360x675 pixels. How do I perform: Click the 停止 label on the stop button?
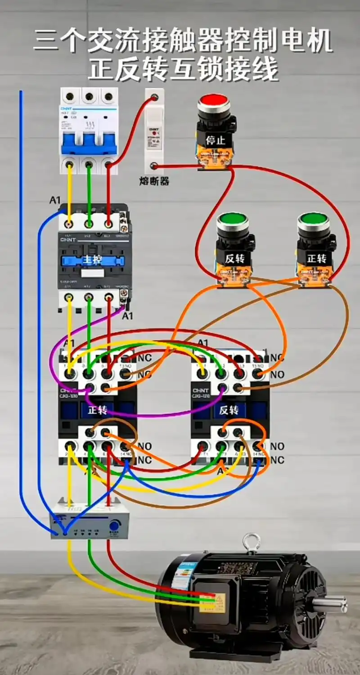point(215,140)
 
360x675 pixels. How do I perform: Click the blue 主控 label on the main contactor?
point(91,260)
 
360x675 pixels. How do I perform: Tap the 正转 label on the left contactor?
point(97,410)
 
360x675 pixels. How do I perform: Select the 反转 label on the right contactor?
point(229,410)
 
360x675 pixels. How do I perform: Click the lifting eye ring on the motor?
point(251,542)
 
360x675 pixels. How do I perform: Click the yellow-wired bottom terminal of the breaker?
point(69,165)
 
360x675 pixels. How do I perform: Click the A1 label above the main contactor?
point(55,200)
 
